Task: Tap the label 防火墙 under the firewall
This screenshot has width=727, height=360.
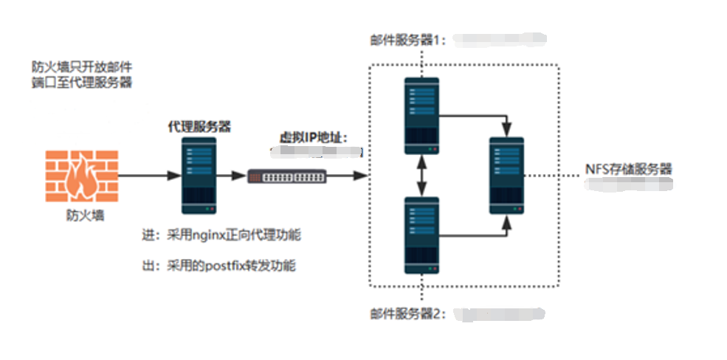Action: click(81, 216)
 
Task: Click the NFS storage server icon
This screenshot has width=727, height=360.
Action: click(507, 176)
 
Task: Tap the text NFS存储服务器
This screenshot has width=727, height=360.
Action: click(628, 169)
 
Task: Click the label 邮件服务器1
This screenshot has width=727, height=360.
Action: click(408, 39)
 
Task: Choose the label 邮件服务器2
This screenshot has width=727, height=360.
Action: click(408, 314)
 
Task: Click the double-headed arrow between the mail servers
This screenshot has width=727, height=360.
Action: click(422, 176)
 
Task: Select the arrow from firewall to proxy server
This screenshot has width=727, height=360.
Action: click(148, 176)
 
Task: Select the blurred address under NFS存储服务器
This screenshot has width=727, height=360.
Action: click(628, 184)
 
